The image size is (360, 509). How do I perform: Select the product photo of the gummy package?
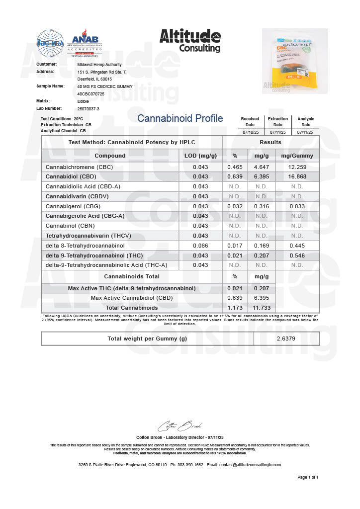coord(294,61)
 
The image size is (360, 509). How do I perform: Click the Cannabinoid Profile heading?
coord(180,118)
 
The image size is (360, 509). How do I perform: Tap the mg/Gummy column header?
coord(297,156)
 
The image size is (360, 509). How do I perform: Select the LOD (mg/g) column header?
coord(200,156)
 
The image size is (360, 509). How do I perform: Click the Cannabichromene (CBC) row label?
coord(80,167)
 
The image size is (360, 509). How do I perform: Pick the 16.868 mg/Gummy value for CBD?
coord(297,176)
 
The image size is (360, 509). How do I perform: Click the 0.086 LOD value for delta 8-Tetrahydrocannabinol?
coord(200,246)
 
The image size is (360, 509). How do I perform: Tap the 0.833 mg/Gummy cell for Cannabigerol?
coord(297,206)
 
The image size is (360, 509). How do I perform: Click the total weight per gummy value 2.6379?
coord(286,339)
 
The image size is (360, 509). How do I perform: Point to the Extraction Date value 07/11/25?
coord(277,132)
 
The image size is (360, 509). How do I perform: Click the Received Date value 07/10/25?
coord(250,132)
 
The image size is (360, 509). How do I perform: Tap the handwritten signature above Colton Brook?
coord(180,426)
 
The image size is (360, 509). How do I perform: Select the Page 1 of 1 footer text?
coord(308,477)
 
